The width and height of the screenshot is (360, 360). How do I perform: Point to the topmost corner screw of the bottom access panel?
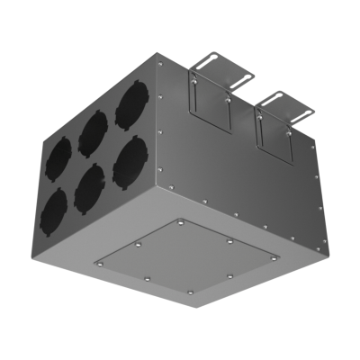tap(180, 220)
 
